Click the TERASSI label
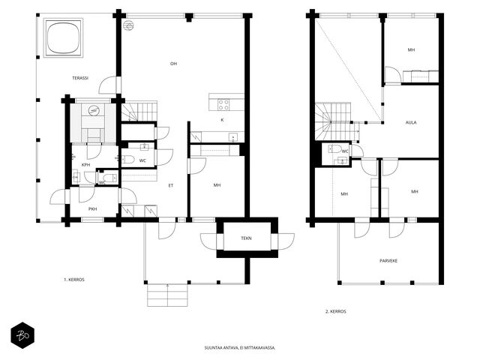click(80, 78)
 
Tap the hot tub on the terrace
click(63, 37)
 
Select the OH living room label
click(173, 64)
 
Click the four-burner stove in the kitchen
click(223, 105)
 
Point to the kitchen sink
click(233, 137)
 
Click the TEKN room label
click(246, 238)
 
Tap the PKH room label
click(93, 209)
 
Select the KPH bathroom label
click(86, 165)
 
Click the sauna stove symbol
click(93, 110)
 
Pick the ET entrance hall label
click(171, 185)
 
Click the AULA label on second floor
click(411, 122)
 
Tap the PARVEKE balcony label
click(388, 261)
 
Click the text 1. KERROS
click(74, 280)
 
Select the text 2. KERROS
click(336, 311)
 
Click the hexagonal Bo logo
click(22, 335)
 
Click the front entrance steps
click(167, 295)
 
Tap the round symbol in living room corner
click(128, 27)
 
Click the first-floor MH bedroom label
click(217, 185)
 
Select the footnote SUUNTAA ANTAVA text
click(240, 348)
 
